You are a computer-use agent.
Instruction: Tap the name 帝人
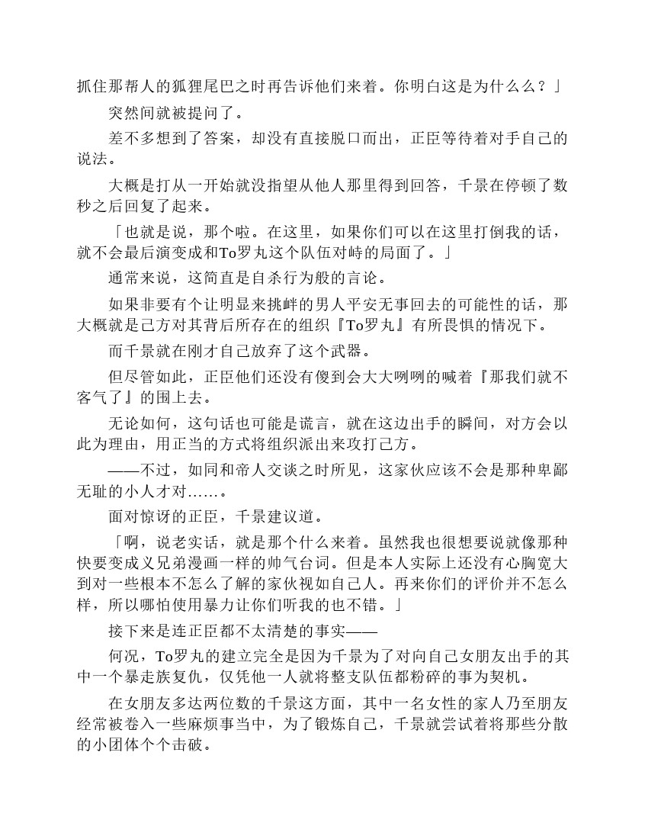click(x=233, y=470)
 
